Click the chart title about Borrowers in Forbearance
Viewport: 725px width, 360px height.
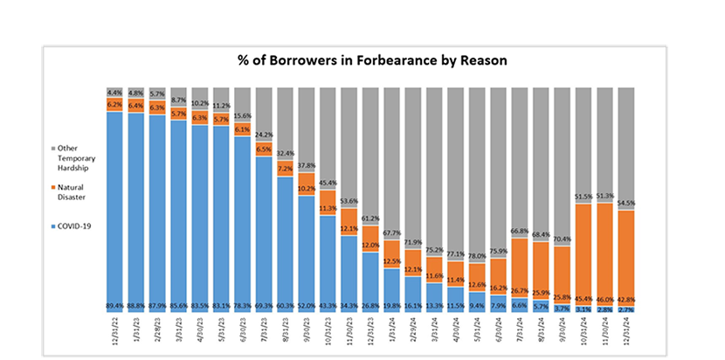coord(373,60)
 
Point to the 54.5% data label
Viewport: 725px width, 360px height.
coord(626,203)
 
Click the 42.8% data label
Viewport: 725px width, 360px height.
coord(626,299)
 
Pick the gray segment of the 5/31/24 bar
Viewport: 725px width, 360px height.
coord(477,166)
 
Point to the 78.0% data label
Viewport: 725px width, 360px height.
coord(477,256)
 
